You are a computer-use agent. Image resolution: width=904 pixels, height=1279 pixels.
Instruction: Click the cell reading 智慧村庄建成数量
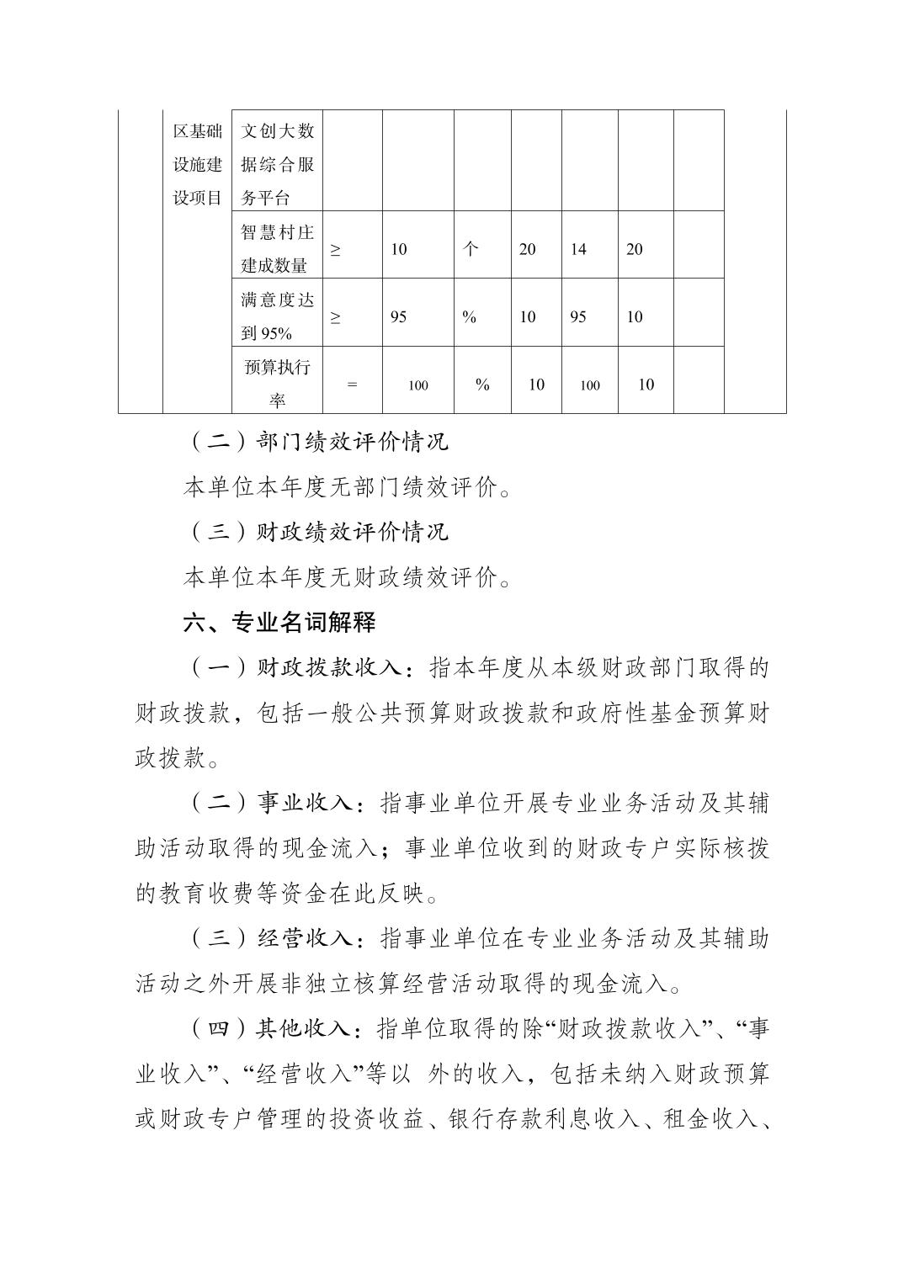(x=277, y=248)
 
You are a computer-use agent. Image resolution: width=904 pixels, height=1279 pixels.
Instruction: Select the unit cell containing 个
(x=471, y=249)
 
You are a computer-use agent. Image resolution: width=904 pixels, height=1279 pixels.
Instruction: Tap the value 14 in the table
(x=578, y=249)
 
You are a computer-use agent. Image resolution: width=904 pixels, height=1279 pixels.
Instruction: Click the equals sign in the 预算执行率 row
(x=352, y=385)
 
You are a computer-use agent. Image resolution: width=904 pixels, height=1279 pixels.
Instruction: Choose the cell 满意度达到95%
(x=277, y=316)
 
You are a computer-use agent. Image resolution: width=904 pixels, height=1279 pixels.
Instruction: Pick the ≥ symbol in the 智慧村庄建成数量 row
(x=336, y=249)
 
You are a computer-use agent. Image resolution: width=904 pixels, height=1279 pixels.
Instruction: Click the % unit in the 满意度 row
(x=470, y=317)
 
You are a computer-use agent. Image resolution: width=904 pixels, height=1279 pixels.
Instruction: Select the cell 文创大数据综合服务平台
(x=277, y=164)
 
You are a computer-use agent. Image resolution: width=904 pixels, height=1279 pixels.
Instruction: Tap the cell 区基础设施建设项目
(x=197, y=164)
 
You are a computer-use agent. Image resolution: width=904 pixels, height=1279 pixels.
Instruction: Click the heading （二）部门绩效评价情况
(x=316, y=442)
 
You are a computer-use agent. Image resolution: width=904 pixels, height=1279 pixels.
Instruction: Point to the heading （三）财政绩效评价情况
(x=316, y=532)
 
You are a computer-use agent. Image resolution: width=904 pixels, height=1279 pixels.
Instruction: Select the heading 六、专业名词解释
(x=279, y=623)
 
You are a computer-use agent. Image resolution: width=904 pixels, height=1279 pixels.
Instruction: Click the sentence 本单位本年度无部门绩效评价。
(x=347, y=487)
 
